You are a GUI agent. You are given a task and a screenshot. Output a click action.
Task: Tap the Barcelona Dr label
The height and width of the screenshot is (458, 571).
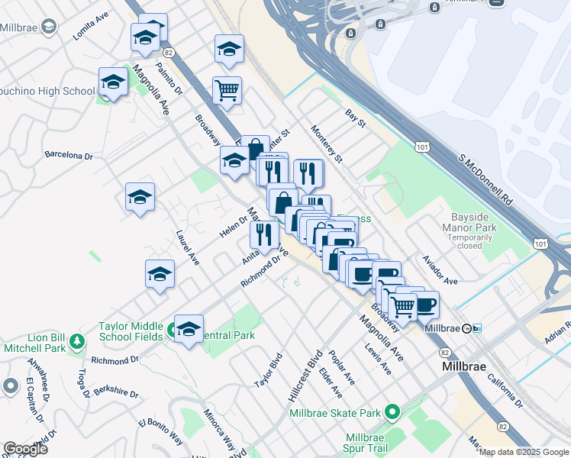point(69,155)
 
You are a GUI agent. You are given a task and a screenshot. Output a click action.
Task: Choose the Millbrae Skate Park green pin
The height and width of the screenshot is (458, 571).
point(392,413)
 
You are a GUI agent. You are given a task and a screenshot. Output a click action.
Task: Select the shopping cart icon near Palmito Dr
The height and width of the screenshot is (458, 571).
point(227,92)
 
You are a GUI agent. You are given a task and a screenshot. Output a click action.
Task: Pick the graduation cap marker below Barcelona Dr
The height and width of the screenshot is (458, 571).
point(140,198)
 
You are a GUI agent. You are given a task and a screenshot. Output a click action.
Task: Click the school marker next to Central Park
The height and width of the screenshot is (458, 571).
point(189,330)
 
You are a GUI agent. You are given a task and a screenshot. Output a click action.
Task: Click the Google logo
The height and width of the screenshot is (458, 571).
point(25,449)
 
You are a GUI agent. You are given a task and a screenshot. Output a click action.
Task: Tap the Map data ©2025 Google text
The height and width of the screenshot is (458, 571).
point(523,452)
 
